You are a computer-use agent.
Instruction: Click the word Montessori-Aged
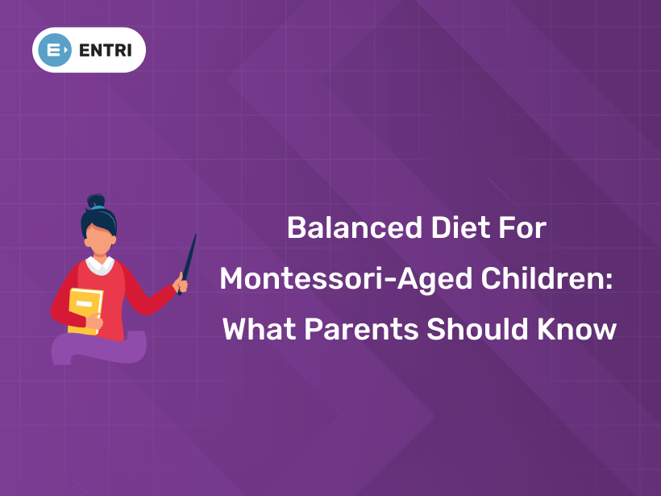[x=333, y=278]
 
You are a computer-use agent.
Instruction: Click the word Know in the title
[x=576, y=329]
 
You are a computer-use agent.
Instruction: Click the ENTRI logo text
[x=106, y=50]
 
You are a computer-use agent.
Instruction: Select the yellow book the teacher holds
[x=85, y=311]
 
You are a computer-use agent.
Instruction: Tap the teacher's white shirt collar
[x=100, y=265]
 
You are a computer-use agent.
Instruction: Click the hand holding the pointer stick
[x=181, y=284]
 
